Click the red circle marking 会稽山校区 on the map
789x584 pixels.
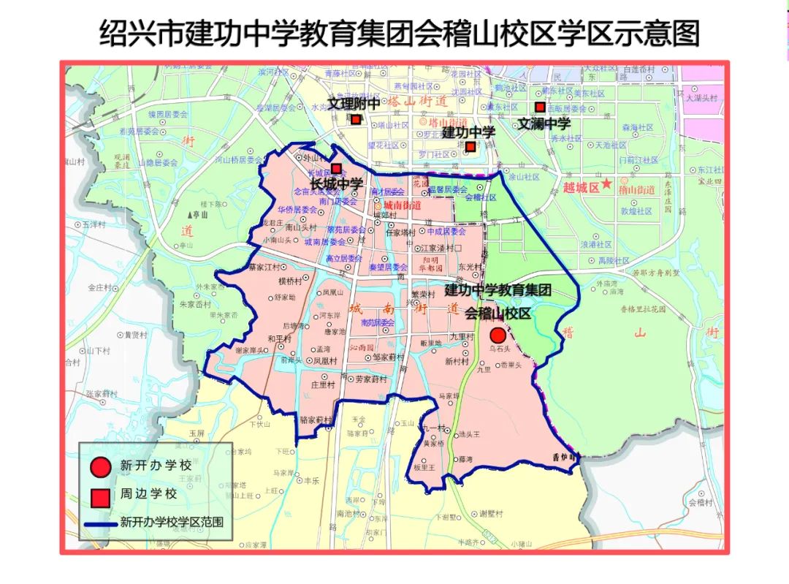pyautogui.click(x=498, y=335)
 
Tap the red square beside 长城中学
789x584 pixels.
pyautogui.click(x=336, y=168)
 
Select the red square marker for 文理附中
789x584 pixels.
pyautogui.click(x=355, y=119)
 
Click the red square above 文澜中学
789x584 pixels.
pyautogui.click(x=540, y=107)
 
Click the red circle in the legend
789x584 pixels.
pyautogui.click(x=101, y=466)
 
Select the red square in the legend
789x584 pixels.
pyautogui.click(x=101, y=496)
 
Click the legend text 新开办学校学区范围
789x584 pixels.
pyautogui.click(x=172, y=523)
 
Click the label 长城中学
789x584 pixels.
pyautogui.click(x=336, y=183)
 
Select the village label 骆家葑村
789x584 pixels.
pyautogui.click(x=316, y=420)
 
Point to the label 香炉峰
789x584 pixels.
pyautogui.click(x=564, y=456)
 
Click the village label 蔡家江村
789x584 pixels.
pyautogui.click(x=264, y=267)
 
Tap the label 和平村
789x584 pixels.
pyautogui.click(x=279, y=338)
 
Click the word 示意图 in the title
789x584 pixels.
pyautogui.click(x=657, y=33)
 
